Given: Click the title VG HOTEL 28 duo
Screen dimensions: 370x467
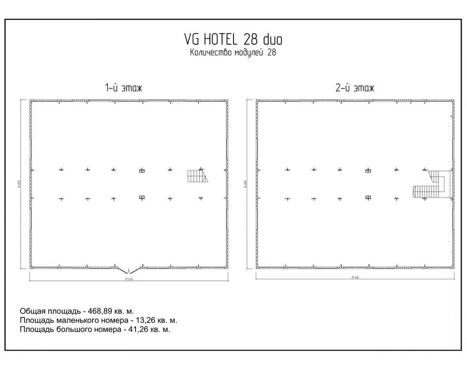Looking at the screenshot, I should [233, 39].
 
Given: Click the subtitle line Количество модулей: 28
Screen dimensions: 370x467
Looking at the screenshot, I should [233, 53].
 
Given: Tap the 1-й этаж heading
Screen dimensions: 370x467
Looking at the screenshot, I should [124, 88].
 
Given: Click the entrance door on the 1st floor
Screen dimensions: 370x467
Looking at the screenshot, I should [128, 269].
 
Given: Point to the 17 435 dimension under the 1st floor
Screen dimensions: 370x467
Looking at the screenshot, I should [128, 278].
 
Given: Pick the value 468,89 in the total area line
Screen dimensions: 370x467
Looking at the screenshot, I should [101, 311].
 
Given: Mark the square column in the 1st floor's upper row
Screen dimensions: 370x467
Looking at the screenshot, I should [142, 170].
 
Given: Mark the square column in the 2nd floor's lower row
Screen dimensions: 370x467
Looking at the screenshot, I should [368, 197].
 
